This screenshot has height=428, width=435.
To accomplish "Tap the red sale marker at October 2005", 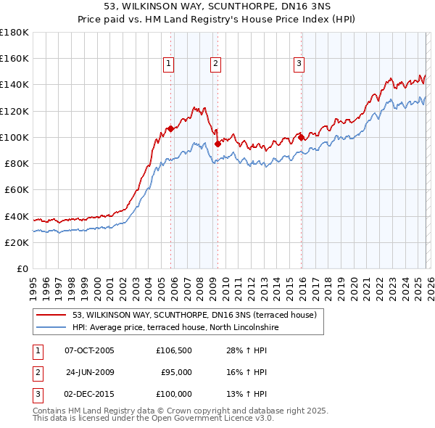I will (170, 128).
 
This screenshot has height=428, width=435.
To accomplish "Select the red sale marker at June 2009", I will (217, 144).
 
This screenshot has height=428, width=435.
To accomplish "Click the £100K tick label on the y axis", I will (14, 137).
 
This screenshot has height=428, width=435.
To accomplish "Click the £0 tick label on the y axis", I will (22, 268).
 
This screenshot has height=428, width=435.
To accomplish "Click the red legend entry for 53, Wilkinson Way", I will (194, 316).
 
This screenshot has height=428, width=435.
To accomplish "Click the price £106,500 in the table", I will (174, 350).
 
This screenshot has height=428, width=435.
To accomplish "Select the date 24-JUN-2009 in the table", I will (90, 372).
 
